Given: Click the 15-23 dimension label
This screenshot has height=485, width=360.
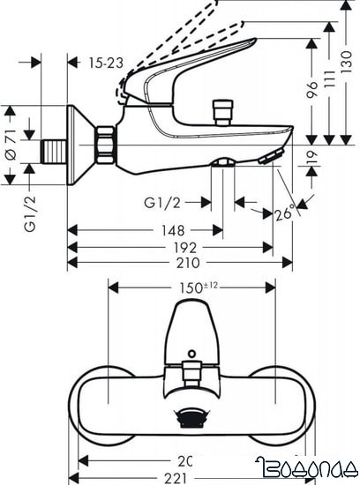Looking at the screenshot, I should [107, 62].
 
